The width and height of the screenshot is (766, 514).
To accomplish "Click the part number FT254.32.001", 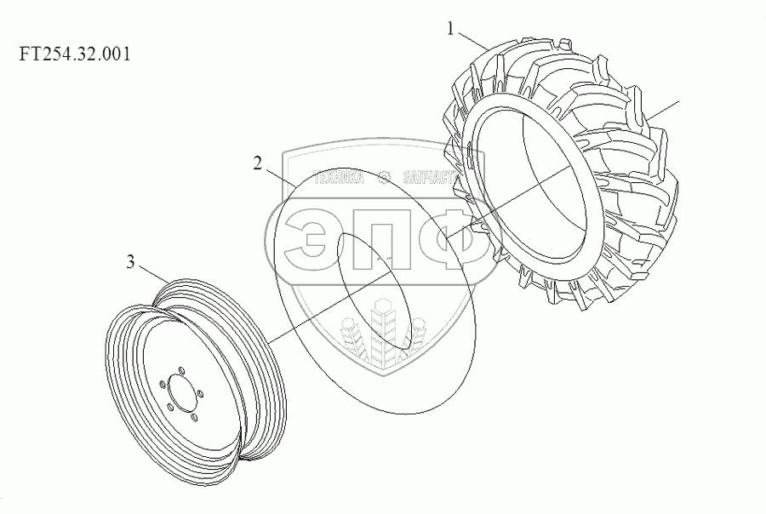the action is pos(75,54).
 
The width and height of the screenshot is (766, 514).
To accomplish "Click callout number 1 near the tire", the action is pos(451,29).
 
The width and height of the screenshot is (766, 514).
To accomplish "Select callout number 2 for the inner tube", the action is pos(257,163).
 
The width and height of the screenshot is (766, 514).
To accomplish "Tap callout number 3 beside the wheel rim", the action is pos(130,262).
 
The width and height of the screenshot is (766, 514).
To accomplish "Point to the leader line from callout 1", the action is pos(472,40).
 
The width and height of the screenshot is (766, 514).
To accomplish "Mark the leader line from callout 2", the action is pos(280,177).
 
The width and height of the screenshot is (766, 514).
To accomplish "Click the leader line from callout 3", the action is pos(156,274).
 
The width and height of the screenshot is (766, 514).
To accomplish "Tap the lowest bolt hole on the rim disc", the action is pos(194,417).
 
